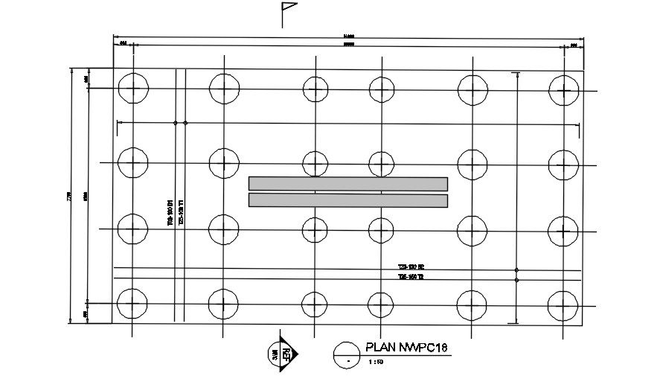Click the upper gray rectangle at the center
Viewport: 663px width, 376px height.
[x=347, y=184]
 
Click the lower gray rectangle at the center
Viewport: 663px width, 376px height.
[x=347, y=200]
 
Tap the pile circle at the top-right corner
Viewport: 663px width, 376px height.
[x=563, y=91]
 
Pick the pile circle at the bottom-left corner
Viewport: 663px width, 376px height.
[x=132, y=303]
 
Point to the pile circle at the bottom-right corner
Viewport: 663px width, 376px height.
[x=563, y=305]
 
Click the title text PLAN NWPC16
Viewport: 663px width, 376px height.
[x=405, y=348]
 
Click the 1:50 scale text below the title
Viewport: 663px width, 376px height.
[x=377, y=363]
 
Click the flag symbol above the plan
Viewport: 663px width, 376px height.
[x=287, y=13]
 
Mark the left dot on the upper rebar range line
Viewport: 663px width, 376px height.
[x=175, y=123]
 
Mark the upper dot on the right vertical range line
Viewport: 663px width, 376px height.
[x=516, y=270]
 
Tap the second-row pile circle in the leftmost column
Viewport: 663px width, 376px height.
[x=132, y=161]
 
